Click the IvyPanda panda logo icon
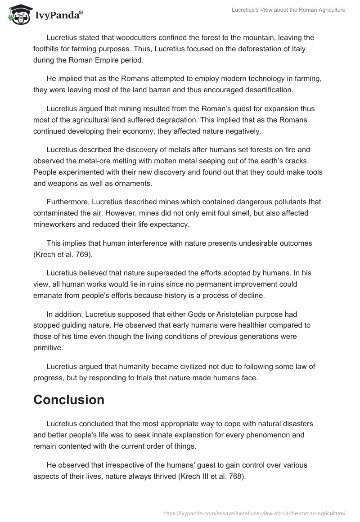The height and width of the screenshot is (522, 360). point(17,14)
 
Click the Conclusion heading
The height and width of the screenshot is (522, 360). point(69,400)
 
